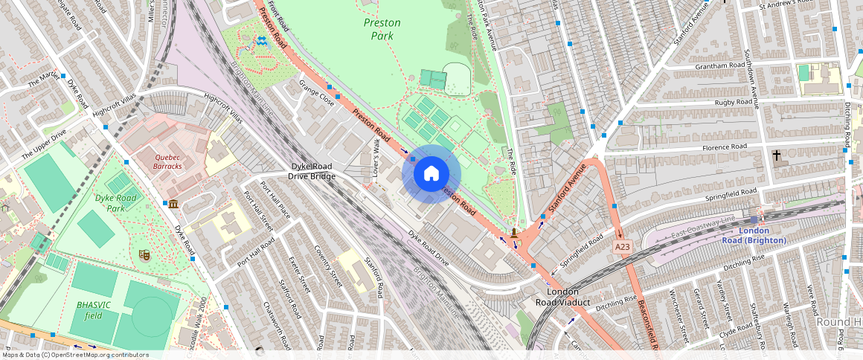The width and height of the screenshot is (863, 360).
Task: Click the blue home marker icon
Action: (x=431, y=174)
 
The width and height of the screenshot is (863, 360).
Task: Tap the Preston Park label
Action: (x=382, y=28)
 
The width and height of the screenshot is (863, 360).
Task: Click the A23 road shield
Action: (x=623, y=246)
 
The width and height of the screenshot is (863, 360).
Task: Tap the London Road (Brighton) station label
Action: (x=754, y=236)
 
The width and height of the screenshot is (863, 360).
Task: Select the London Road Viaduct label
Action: (x=563, y=297)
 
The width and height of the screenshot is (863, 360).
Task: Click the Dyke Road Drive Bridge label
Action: (x=312, y=171)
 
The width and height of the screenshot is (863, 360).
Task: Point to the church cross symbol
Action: (x=776, y=155)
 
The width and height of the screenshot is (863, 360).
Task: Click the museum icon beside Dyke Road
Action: (x=173, y=204)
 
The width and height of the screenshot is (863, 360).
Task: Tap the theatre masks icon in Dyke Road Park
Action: (x=144, y=255)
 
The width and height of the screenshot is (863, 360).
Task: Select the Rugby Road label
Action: (x=733, y=102)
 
